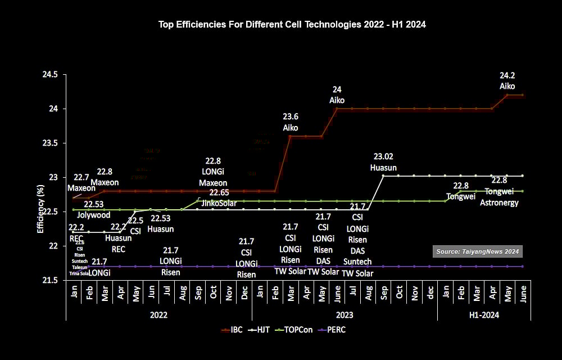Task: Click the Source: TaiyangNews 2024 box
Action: pos(478,251)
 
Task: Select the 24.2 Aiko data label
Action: pos(507,81)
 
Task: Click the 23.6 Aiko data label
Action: pos(291,122)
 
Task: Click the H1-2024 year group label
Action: pos(484,315)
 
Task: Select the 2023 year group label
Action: pos(345,315)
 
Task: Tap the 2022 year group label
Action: pos(158,315)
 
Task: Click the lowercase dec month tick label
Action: pos(430,292)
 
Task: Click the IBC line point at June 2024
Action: pos(523,95)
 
